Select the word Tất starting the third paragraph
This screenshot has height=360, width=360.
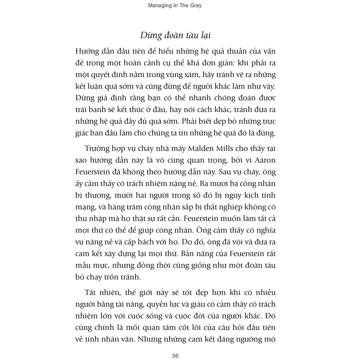[92, 292]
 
